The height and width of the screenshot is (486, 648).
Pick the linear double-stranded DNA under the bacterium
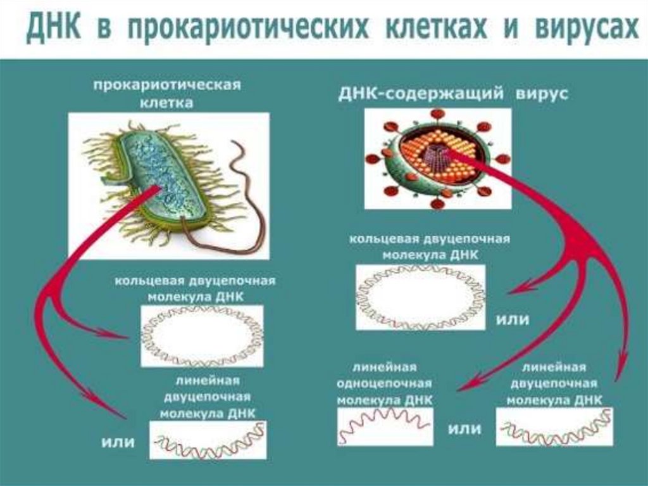point(208,440)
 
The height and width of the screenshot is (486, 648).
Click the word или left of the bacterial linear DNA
point(118,442)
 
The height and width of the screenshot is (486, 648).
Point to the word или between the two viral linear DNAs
point(464,429)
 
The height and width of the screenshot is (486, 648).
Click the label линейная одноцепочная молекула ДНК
point(384,384)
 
